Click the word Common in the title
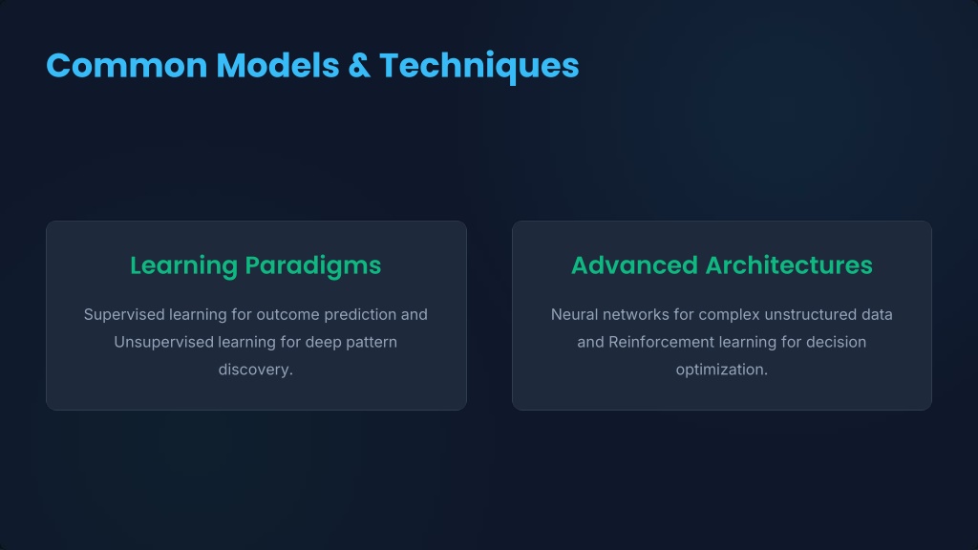127,66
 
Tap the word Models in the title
277,66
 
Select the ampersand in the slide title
359,66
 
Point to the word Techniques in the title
479,67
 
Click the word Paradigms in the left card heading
313,266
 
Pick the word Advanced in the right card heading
634,265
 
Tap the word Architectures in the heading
789,265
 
